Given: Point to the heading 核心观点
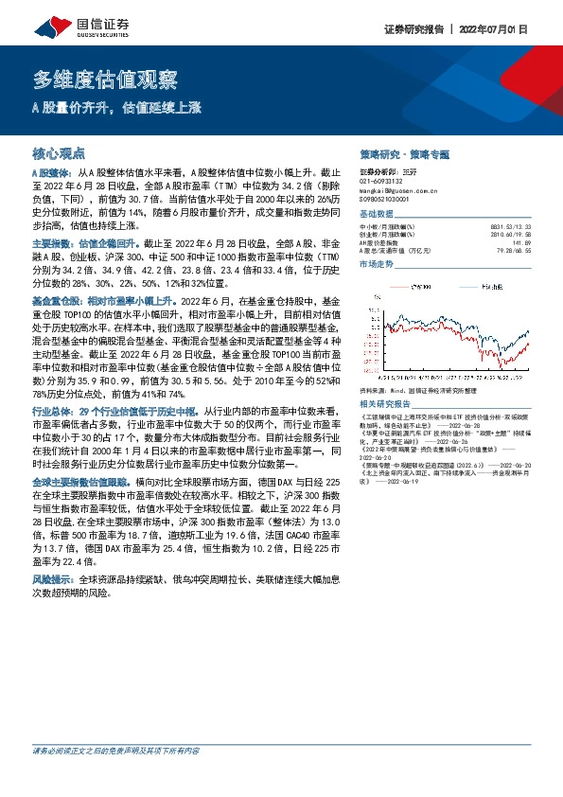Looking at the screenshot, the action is click(59, 151).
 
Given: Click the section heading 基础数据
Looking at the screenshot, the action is click(378, 214).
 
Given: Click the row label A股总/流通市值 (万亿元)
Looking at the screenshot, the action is click(399, 252).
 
